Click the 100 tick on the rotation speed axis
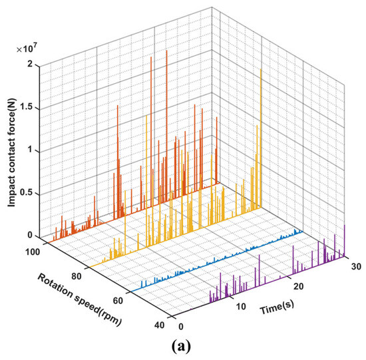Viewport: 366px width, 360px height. [34, 252]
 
